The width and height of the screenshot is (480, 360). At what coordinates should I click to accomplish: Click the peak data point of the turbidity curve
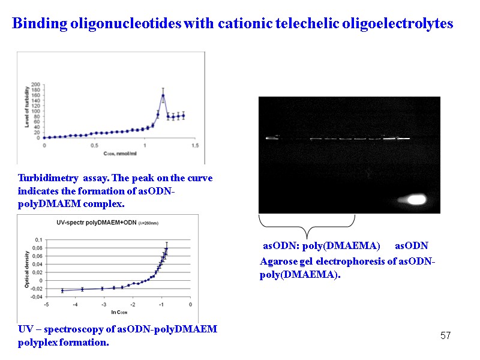[163, 95]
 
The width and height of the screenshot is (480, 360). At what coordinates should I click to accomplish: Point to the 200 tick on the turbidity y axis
[37, 85]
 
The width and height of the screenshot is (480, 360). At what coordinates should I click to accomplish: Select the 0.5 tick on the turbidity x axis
[94, 145]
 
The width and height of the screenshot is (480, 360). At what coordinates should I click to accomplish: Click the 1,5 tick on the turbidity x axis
[194, 145]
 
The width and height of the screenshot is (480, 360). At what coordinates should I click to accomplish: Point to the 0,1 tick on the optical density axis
[38, 239]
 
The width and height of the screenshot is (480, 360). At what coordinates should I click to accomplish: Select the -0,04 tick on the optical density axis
[37, 296]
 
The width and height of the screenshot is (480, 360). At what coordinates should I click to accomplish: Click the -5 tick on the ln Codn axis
[47, 305]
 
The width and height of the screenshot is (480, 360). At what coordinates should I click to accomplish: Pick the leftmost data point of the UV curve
[62, 291]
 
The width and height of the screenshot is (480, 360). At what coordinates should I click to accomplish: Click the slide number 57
[445, 335]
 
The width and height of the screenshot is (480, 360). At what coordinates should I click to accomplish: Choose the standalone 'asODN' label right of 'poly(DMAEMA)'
[411, 247]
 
